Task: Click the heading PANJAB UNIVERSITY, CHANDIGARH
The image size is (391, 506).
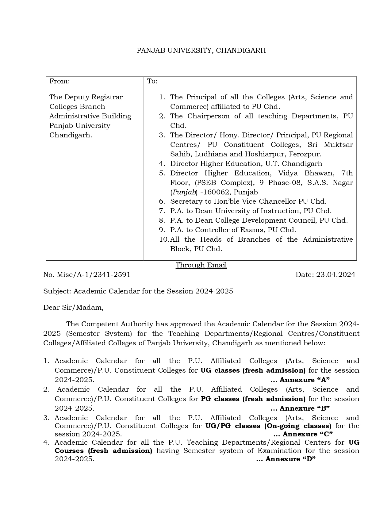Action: click(x=201, y=50)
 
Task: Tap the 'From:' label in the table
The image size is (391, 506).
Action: click(x=59, y=81)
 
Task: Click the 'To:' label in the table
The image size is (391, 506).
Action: click(x=152, y=81)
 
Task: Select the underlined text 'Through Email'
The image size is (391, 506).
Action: click(x=201, y=265)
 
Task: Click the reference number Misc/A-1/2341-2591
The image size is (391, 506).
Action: click(x=94, y=275)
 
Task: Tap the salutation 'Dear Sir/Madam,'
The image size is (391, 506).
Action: click(x=73, y=308)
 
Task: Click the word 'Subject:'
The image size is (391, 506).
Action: click(x=57, y=291)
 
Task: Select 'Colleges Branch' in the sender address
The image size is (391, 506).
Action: click(x=77, y=107)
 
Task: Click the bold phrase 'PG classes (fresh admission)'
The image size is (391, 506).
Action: click(x=253, y=399)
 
